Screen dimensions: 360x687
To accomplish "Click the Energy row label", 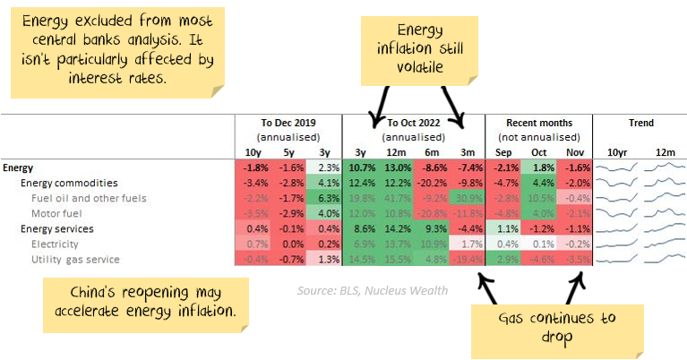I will [x=21, y=167].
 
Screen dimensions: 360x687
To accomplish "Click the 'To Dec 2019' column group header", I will [x=288, y=123].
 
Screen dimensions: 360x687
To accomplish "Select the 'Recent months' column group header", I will [x=538, y=123].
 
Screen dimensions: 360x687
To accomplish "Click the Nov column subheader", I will [x=574, y=152].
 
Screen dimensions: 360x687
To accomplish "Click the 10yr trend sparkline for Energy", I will [x=617, y=167].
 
